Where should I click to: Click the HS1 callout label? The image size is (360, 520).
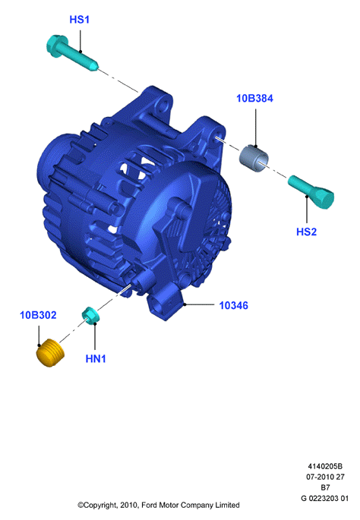(x=79, y=20)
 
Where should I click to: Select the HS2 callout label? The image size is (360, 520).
(x=306, y=232)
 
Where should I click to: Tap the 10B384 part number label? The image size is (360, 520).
(x=254, y=99)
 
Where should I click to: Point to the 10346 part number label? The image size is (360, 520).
(x=234, y=305)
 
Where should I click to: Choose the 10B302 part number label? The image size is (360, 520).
(x=38, y=315)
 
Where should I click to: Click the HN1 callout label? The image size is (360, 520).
(x=96, y=358)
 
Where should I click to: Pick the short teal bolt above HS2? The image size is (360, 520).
(x=311, y=192)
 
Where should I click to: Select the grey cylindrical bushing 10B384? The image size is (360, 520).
(x=254, y=159)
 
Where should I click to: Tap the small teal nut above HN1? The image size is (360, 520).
(x=90, y=315)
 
